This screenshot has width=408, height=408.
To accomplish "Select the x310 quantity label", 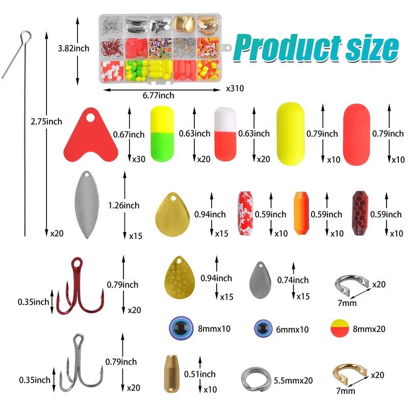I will click(x=235, y=88).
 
